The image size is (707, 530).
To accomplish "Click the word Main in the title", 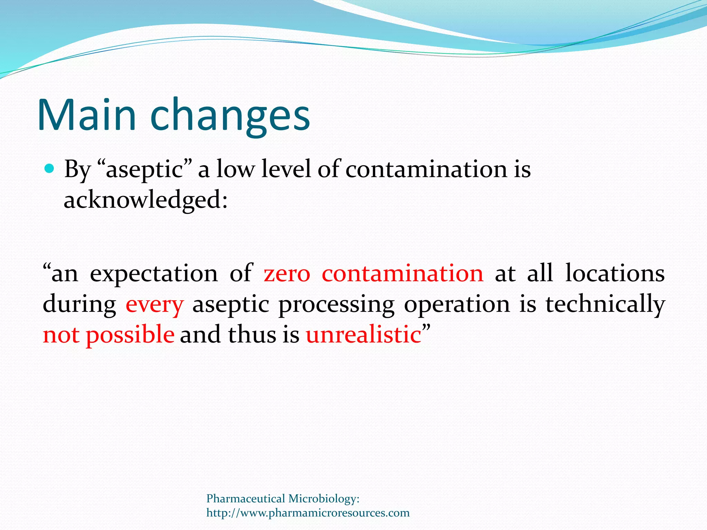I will tap(86, 115).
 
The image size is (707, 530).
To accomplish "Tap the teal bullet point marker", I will tap(50, 169).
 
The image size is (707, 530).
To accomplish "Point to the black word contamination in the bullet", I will tap(426, 169).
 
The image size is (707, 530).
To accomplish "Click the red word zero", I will tap(287, 274).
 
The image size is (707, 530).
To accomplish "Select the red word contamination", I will tap(403, 274).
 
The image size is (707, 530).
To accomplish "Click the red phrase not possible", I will tap(108, 335).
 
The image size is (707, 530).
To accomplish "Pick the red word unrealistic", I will tap(364, 335).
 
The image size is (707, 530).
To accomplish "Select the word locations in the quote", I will tap(614, 274).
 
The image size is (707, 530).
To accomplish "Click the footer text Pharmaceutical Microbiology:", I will tap(283, 499).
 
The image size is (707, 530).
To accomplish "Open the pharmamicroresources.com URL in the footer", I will tap(308, 513).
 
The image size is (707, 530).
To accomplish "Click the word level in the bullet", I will tap(286, 169).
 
